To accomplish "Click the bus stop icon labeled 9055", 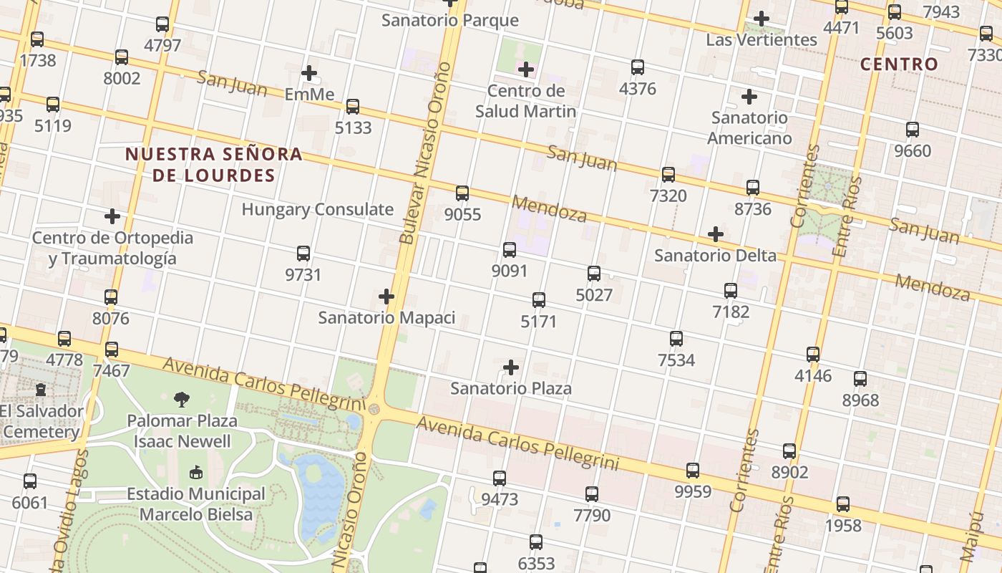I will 462,193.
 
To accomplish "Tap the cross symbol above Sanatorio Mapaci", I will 386,296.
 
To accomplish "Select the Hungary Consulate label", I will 317,210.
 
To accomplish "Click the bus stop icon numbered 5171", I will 539,300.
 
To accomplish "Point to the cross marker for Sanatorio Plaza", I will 511,367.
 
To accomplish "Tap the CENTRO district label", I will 899,64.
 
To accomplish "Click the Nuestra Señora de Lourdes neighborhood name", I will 214,165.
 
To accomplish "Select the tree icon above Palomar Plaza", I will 182,400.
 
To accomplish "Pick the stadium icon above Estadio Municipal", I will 195,472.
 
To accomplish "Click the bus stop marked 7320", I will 668,174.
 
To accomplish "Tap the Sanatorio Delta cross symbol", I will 715,234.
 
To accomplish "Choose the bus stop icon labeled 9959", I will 693,471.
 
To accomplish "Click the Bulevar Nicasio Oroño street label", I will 426,153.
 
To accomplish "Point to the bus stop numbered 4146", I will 813,355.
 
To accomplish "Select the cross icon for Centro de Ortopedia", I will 112,216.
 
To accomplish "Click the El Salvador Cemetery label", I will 42,422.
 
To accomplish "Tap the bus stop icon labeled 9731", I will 303,254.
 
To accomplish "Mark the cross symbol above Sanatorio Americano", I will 749,96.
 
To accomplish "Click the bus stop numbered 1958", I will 843,504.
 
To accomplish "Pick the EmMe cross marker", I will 309,73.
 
